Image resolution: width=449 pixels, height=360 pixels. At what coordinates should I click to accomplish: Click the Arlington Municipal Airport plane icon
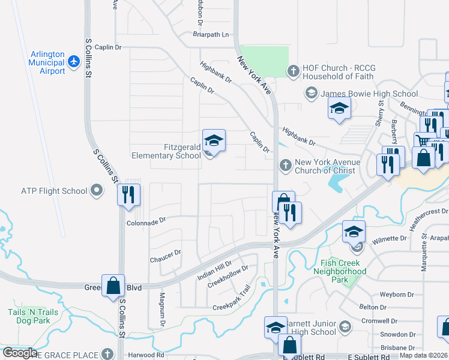74,61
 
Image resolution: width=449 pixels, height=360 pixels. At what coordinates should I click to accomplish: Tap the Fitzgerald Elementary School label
166,151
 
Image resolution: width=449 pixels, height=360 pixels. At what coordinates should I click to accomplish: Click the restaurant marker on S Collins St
128,194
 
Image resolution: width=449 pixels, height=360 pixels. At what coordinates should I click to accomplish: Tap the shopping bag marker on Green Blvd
113,286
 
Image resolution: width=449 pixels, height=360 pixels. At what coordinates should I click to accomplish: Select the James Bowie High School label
369,94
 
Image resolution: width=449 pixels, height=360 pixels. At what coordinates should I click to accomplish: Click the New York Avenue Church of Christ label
327,166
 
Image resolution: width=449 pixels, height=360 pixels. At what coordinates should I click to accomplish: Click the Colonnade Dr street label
146,221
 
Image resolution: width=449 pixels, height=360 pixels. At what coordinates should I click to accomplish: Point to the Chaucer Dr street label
165,256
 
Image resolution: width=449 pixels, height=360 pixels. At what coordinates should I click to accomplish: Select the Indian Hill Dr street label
214,271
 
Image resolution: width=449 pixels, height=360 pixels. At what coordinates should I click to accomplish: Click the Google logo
20,353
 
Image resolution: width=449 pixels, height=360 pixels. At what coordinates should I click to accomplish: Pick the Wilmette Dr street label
390,238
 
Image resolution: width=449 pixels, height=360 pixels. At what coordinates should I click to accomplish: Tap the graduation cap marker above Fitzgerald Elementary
214,141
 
